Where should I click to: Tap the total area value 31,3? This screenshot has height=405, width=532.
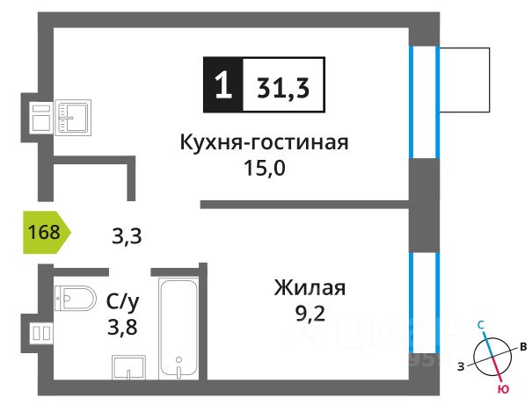point(281,86)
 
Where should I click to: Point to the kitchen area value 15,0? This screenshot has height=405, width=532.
point(265,167)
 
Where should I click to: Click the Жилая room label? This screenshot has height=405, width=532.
point(310,288)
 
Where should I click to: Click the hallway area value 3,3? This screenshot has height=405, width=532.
point(127,235)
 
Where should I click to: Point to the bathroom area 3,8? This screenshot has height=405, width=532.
point(123,329)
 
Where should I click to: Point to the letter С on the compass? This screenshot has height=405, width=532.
point(481,324)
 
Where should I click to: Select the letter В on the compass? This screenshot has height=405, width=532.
point(522,346)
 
